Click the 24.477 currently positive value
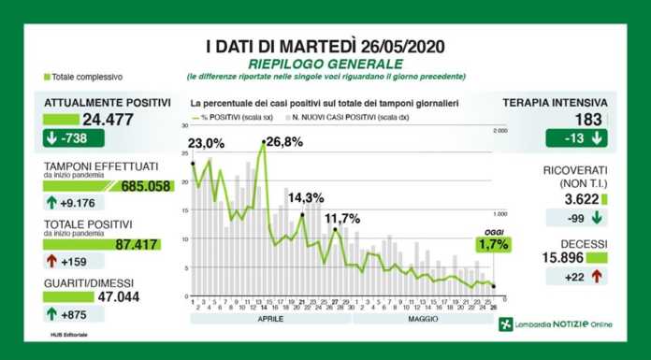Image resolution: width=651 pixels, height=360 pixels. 110,120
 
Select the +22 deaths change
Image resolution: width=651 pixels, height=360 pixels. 576,276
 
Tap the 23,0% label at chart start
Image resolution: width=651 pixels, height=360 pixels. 206,143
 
